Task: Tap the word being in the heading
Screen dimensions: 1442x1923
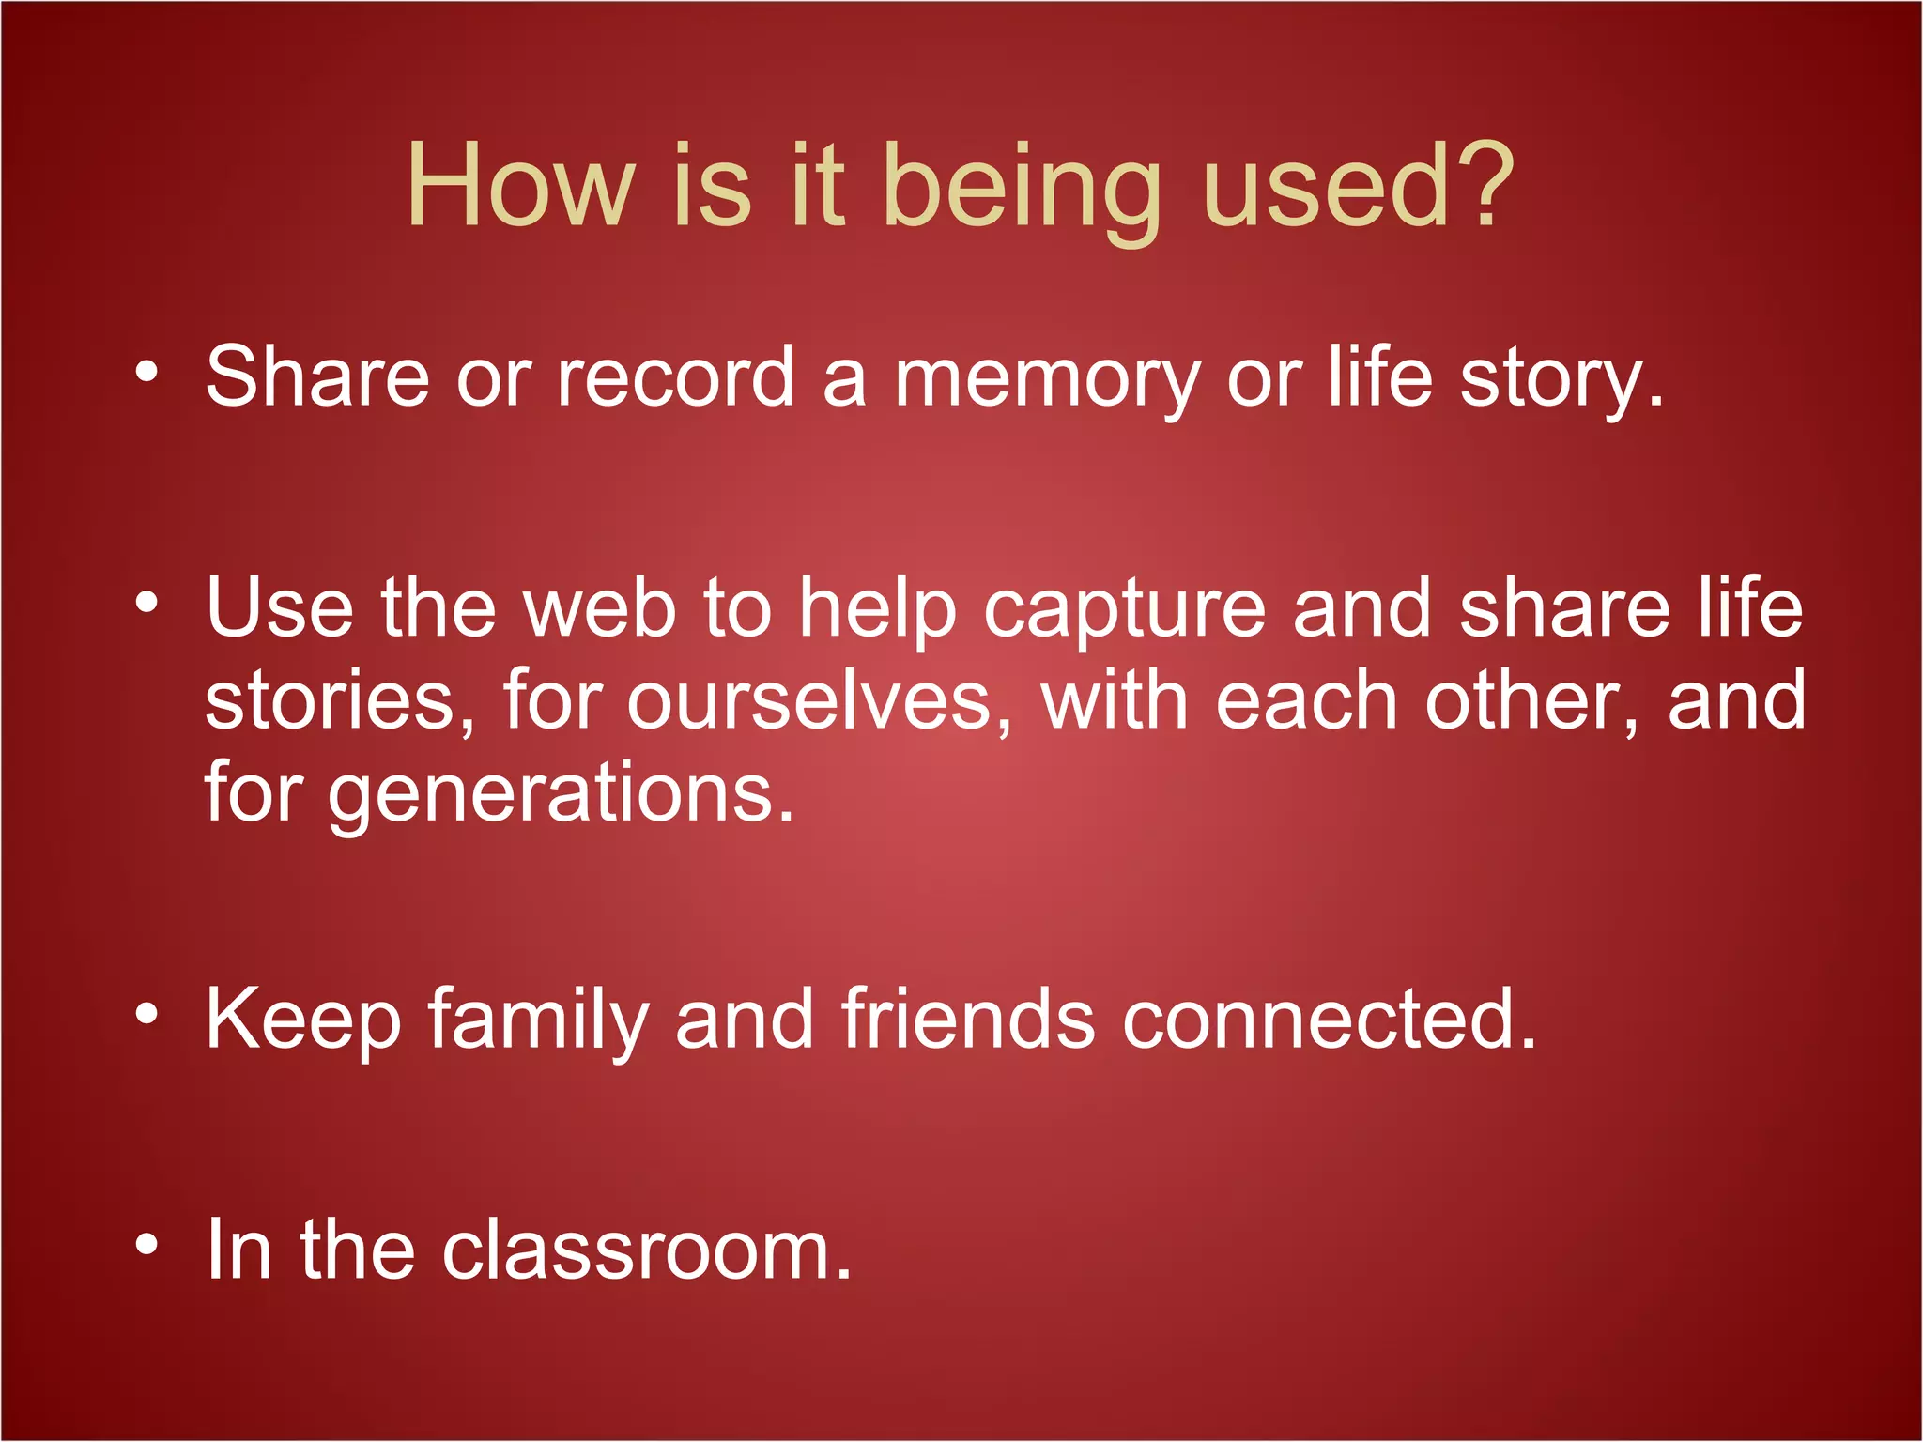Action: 1023,188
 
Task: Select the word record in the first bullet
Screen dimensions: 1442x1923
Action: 675,376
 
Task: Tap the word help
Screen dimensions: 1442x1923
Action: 877,610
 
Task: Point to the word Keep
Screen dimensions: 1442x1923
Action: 303,1021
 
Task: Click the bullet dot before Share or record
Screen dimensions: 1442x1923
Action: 146,373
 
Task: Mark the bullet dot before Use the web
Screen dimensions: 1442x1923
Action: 146,603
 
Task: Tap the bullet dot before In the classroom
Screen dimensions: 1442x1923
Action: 146,1245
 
